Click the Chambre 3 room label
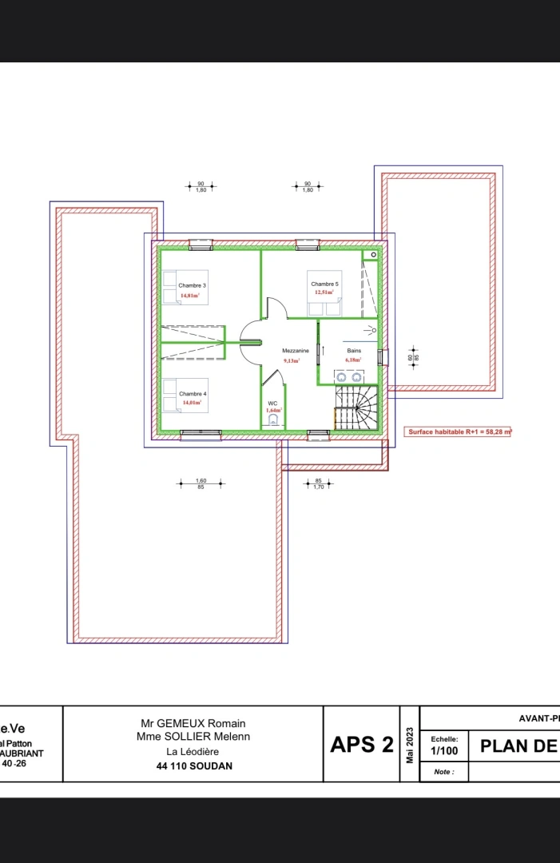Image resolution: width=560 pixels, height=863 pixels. [192, 285]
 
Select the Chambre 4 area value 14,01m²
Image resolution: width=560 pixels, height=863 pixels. [192, 403]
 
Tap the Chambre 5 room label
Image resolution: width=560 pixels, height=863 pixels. [324, 284]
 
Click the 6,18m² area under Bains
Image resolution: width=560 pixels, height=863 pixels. [354, 360]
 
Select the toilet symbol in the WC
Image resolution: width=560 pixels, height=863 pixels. [273, 419]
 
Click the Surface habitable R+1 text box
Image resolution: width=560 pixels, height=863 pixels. [459, 431]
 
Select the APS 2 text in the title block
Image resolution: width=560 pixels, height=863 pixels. [362, 745]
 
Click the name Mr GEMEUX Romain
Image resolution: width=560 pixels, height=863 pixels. [193, 723]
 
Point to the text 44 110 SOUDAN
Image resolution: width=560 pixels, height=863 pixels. [193, 766]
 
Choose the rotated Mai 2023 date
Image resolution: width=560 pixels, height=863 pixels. [410, 745]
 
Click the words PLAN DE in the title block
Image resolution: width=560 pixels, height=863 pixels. [518, 746]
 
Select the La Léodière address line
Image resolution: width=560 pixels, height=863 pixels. [193, 751]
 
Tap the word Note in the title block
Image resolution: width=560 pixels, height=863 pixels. [443, 772]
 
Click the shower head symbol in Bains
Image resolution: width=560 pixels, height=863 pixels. [371, 329]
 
